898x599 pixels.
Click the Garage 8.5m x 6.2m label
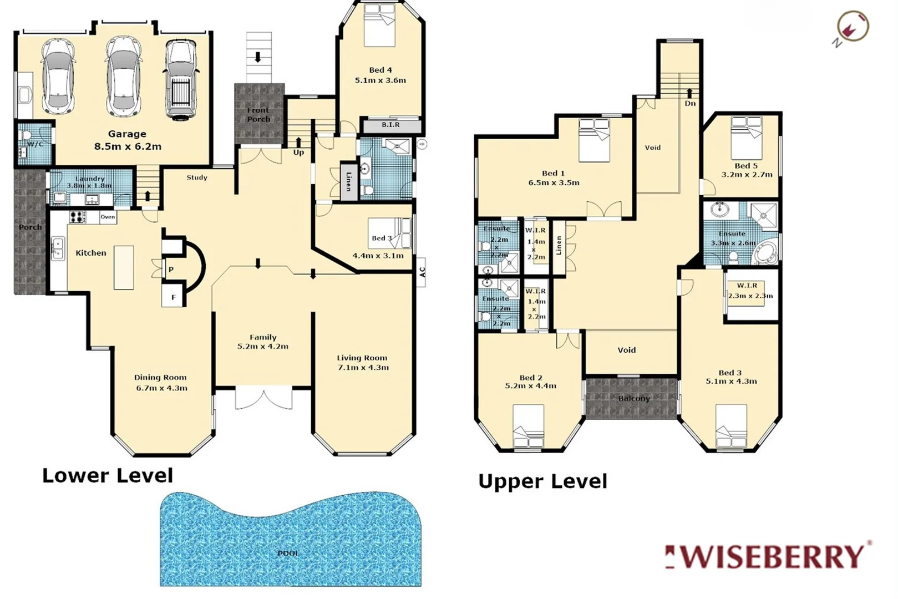127,140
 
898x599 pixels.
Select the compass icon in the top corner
852,27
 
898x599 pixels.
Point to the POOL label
288,553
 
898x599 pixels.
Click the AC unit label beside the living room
422,272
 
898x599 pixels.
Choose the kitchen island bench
124,267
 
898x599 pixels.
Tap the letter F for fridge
173,298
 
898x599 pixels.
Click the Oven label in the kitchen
108,217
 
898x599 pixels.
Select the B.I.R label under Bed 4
390,125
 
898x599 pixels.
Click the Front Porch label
258,115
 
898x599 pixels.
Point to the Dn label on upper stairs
689,104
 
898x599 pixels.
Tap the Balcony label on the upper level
633,398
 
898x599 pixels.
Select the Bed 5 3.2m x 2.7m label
746,170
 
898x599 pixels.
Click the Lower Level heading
108,475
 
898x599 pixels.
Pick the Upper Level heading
542,481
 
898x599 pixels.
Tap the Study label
197,177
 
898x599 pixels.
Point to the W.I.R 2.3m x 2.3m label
747,291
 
